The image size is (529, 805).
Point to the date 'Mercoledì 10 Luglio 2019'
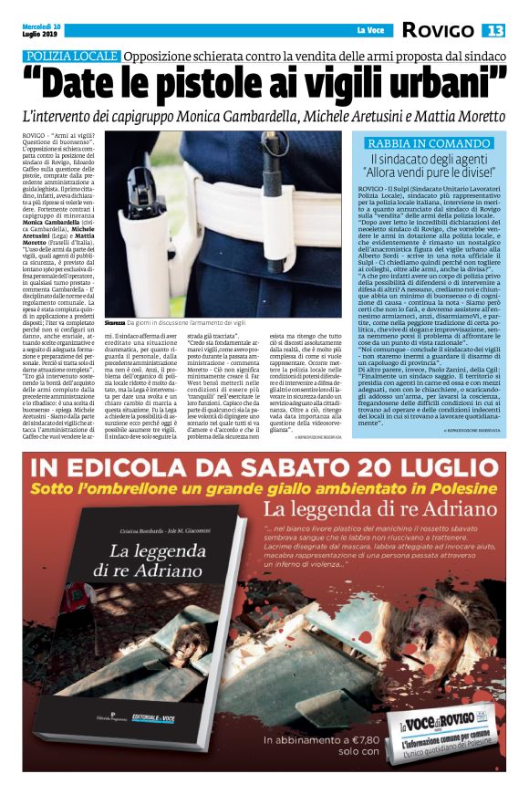click(x=42, y=29)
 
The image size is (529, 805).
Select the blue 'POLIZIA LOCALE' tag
click(x=72, y=57)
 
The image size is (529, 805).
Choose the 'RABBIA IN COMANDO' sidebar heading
click(x=428, y=144)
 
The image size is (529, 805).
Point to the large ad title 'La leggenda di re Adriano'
click(x=372, y=511)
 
